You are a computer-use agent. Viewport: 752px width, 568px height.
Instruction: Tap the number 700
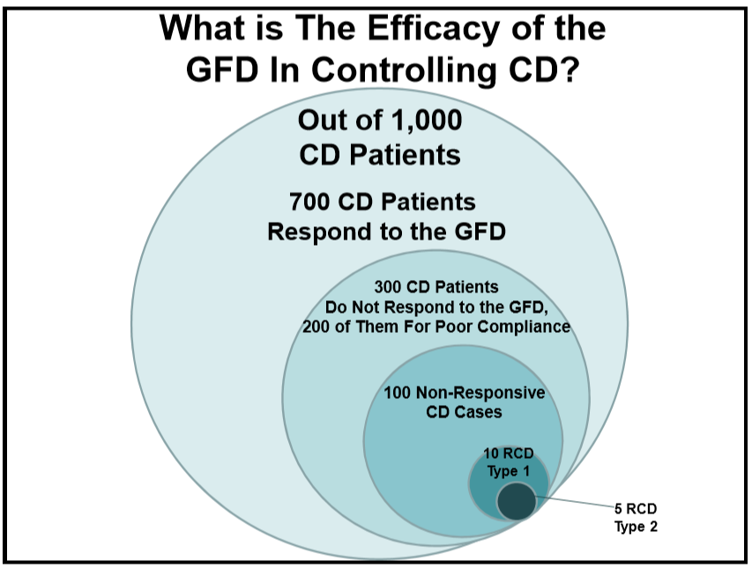point(312,202)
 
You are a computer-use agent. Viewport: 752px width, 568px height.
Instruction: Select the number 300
point(391,288)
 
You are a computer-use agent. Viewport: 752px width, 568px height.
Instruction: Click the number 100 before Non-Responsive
point(397,393)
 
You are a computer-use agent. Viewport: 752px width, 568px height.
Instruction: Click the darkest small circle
point(517,501)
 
